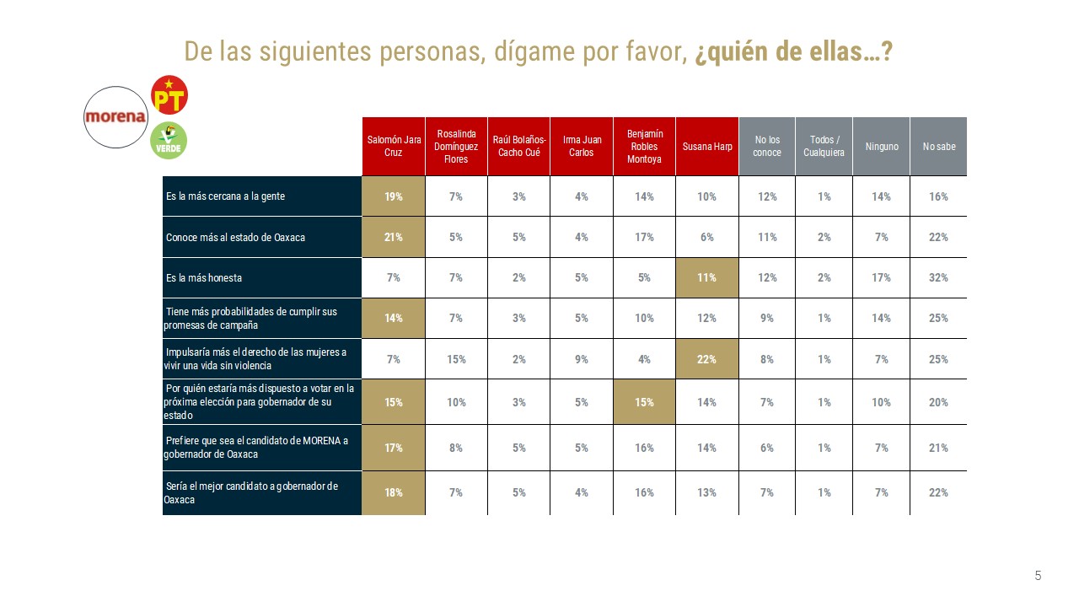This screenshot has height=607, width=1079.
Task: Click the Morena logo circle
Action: [115, 117]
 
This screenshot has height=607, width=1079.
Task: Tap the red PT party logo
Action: [169, 94]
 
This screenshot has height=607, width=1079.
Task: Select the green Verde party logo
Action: [169, 140]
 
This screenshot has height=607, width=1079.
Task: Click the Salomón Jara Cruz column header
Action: [394, 147]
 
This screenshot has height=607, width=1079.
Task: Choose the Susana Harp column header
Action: [707, 147]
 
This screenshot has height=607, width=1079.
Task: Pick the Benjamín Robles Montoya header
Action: [644, 147]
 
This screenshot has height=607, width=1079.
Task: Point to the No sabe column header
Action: [938, 147]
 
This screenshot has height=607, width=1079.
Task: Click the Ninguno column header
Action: [882, 147]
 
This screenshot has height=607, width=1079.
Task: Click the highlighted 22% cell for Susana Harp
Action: [707, 359]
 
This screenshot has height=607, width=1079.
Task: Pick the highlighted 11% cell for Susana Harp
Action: [707, 277]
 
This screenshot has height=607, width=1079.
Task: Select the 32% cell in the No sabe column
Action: [938, 277]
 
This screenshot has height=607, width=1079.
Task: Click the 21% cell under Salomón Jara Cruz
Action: [394, 237]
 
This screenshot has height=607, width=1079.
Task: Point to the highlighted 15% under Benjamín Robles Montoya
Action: [644, 402]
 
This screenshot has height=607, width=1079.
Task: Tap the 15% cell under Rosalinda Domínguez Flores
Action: [456, 359]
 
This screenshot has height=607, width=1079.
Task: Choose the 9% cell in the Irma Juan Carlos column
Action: [582, 359]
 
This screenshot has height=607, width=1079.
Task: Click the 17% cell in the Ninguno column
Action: [882, 277]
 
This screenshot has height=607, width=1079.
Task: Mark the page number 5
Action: [1038, 576]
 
